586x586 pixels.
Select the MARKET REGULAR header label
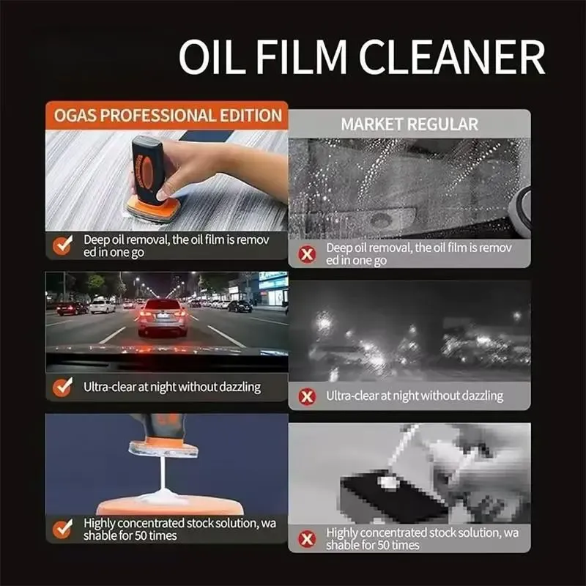tap(409, 124)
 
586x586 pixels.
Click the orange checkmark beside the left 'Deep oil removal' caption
tap(63, 245)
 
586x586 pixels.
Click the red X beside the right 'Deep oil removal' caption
tap(308, 254)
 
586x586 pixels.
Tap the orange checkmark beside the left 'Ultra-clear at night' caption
tap(63, 387)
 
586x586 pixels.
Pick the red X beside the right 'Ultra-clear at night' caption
tap(308, 396)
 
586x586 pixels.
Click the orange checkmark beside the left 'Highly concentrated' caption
tap(63, 529)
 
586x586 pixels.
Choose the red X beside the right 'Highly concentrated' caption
tap(308, 538)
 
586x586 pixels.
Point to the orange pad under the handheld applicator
tap(154, 212)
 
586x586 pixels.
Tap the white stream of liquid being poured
tap(160, 476)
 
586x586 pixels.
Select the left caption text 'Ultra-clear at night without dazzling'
tap(171, 387)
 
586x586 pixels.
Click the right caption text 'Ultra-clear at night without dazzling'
tap(415, 396)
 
